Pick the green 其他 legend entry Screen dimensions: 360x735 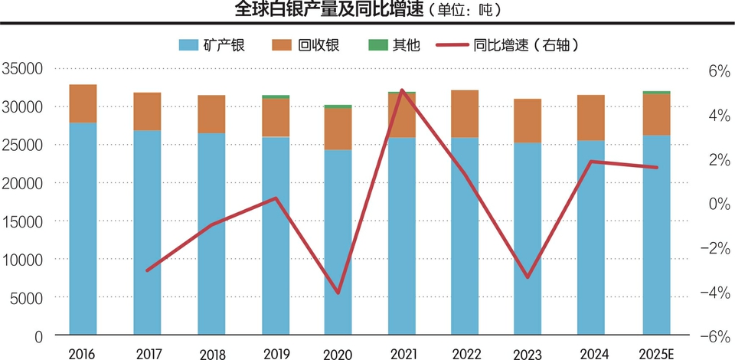tap(396, 45)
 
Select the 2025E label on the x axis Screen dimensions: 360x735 tap(656, 354)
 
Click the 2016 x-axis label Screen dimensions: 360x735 tap(83, 354)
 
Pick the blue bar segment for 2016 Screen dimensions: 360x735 tap(83, 230)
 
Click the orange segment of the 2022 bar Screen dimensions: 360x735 tap(465, 114)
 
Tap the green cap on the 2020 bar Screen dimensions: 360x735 tap(338, 106)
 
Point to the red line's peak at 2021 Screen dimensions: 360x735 tap(402, 90)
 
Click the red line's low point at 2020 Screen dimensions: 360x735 tap(338, 293)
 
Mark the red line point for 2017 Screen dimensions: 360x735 tap(147, 270)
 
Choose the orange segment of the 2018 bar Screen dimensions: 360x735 tap(211, 114)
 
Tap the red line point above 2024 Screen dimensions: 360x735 tap(592, 162)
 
